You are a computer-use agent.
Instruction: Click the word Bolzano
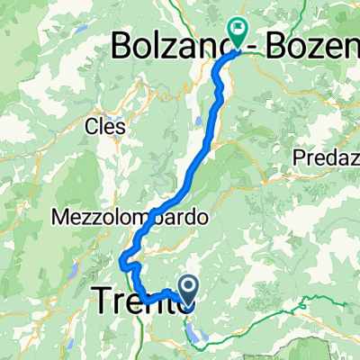(x=166, y=46)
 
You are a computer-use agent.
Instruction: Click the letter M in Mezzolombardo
(x=60, y=217)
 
